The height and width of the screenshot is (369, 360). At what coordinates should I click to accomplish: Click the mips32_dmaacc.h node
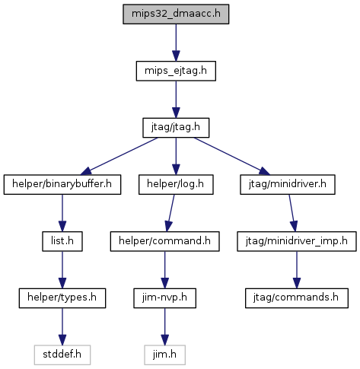tap(176, 14)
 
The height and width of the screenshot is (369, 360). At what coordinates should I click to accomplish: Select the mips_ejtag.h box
tap(176, 71)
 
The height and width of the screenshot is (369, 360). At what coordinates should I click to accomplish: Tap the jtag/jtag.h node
tap(176, 128)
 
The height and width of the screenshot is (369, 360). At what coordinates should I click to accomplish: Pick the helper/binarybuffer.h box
tap(62, 184)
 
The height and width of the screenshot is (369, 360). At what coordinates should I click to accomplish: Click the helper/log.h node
tap(176, 184)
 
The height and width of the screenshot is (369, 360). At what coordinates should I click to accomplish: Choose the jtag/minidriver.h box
tap(288, 184)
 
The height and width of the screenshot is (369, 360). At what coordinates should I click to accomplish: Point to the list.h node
tap(62, 241)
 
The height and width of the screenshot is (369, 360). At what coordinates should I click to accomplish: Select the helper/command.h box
tap(164, 241)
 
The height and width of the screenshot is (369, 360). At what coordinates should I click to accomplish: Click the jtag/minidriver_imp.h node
tap(297, 241)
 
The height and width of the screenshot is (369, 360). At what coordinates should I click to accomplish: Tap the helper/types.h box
tap(62, 298)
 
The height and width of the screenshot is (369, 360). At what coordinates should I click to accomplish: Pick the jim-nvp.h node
tap(164, 298)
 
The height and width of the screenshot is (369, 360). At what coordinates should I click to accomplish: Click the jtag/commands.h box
tap(297, 298)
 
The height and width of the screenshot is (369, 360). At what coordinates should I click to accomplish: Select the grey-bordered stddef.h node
tap(62, 355)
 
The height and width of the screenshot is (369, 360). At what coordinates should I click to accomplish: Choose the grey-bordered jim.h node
tap(164, 355)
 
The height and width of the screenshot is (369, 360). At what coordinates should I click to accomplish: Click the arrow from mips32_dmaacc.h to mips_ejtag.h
tap(176, 43)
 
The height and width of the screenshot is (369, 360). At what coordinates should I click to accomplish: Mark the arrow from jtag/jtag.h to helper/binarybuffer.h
tap(119, 156)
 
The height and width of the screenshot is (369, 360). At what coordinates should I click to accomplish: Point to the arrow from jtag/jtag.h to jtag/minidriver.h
tap(232, 156)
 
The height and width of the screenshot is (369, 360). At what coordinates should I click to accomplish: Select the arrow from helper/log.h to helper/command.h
tap(170, 213)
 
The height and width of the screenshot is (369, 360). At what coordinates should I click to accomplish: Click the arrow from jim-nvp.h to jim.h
tap(164, 326)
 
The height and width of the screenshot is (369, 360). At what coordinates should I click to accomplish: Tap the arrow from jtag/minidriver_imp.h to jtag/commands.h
tap(297, 270)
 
